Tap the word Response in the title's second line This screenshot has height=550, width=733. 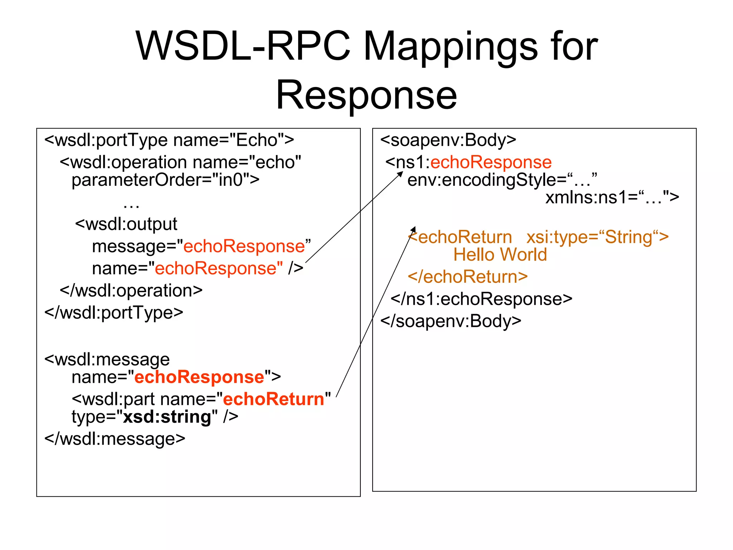pos(366,95)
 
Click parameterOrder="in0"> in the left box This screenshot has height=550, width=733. pos(165,180)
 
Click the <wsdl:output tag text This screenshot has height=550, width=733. pos(126,225)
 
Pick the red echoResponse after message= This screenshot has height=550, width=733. pos(244,247)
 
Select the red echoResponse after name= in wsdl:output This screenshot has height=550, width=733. pos(218,269)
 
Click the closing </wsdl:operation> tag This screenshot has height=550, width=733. pos(131,291)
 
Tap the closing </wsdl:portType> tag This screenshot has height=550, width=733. pos(113,313)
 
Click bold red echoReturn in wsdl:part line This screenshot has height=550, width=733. pos(273,399)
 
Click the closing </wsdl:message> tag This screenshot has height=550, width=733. pos(115,439)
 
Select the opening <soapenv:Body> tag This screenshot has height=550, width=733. pos(448,140)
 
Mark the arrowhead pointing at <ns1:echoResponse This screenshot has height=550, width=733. pos(401,174)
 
